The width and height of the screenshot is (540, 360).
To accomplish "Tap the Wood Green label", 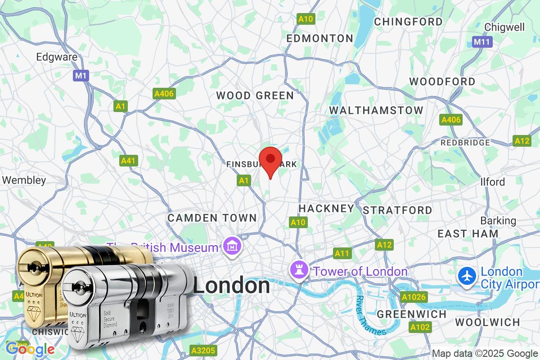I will (255, 95).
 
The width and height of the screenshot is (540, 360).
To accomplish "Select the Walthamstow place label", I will (376, 110).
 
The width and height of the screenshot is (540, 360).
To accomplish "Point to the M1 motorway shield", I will (81, 76).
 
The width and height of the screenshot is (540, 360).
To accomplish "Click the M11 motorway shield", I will (482, 42).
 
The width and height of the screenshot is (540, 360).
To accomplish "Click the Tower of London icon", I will (300, 270).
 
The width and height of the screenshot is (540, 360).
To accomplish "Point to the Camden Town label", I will (212, 218).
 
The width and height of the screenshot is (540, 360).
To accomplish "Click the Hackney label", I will (326, 208).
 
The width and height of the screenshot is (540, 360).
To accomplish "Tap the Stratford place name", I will (397, 210).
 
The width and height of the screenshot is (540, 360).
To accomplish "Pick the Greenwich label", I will (412, 314).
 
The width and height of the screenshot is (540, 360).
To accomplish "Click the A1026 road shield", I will (413, 297).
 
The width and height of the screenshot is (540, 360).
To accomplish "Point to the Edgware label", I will (57, 57).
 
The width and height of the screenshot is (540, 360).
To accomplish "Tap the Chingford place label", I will (408, 22).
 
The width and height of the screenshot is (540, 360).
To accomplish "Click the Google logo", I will (30, 349).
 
